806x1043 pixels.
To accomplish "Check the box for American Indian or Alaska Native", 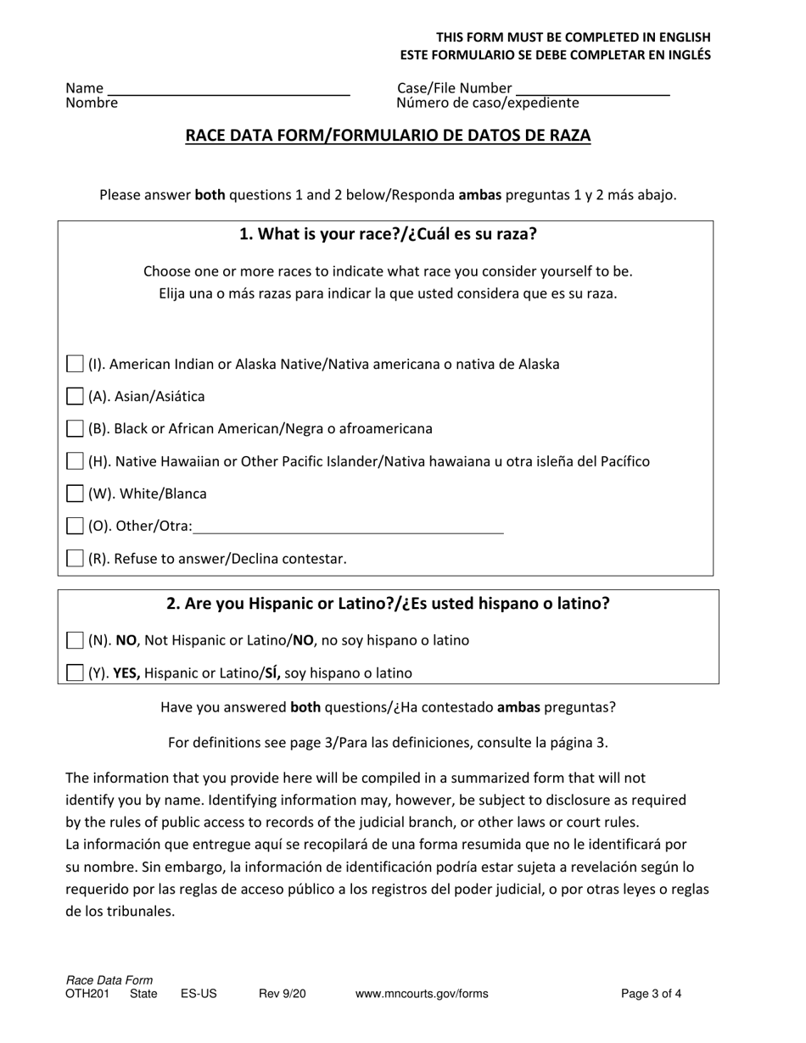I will pos(76,364).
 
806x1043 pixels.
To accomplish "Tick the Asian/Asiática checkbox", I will pos(76,396).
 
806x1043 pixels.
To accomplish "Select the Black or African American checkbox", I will pos(76,428).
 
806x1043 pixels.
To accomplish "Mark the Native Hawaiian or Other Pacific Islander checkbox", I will pos(76,461).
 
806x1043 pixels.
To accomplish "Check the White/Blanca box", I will pos(76,494).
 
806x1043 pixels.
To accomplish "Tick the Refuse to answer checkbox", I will pos(76,558).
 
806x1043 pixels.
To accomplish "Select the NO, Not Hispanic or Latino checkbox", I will pos(76,640).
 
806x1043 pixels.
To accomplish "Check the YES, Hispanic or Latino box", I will pos(76,672).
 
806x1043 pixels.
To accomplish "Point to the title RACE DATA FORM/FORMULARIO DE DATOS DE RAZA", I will pos(388,136).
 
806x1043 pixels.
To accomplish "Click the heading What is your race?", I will pos(388,235).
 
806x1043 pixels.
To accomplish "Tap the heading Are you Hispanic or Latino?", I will pos(388,604).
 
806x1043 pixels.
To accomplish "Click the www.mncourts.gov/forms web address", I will pos(422,994).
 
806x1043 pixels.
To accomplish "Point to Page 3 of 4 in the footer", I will pos(651,994).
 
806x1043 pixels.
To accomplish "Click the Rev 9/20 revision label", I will pos(282,994).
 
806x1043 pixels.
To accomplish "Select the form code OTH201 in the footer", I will pos(87,994).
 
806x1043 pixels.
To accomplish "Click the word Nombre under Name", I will pos(92,103).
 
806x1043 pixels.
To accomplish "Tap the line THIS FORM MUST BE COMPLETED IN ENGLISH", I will pos(574,37).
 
